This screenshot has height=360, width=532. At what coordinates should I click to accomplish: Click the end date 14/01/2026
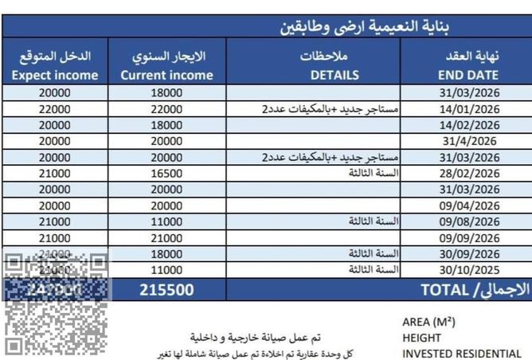(x=468, y=109)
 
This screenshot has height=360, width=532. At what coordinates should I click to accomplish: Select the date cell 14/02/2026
(x=468, y=125)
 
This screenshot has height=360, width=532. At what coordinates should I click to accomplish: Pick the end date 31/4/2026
(x=468, y=141)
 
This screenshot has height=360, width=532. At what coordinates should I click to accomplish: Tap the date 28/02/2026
(x=468, y=174)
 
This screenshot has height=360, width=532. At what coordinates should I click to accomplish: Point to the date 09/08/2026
(x=468, y=222)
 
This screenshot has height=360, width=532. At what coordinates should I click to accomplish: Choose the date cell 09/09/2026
(x=468, y=238)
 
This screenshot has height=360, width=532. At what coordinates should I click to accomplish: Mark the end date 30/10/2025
(x=468, y=271)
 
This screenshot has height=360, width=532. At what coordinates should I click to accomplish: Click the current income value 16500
(x=166, y=174)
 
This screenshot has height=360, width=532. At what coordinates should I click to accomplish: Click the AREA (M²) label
(x=428, y=323)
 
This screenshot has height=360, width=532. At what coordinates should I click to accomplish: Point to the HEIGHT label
(x=421, y=338)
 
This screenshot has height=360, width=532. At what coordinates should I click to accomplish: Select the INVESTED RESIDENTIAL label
(x=461, y=354)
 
